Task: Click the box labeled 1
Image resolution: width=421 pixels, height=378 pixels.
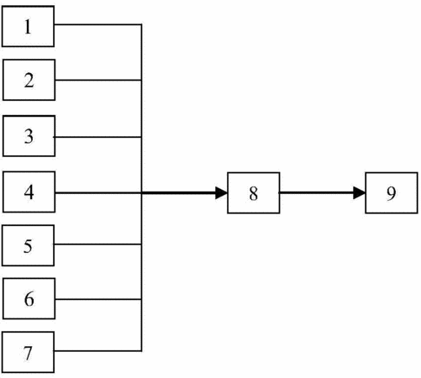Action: [28, 26]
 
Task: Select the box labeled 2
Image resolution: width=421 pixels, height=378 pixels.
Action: [29, 80]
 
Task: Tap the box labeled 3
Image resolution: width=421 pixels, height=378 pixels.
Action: [29, 136]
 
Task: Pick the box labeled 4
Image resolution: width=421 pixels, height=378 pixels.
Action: [29, 192]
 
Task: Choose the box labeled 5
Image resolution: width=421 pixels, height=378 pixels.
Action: [28, 245]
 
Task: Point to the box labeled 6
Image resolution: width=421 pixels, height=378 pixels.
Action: [29, 298]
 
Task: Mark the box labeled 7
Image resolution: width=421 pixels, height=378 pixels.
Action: [28, 352]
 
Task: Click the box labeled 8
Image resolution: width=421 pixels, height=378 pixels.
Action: [254, 193]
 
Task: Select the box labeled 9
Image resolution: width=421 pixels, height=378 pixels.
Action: [392, 193]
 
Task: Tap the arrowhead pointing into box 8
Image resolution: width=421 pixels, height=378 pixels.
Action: [221, 193]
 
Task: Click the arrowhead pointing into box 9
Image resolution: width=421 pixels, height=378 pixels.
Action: [360, 193]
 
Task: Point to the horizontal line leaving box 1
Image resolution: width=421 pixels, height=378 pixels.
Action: [97, 24]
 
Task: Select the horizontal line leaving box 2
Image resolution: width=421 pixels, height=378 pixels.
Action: [98, 80]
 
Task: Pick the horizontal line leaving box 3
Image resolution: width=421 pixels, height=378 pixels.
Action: [97, 137]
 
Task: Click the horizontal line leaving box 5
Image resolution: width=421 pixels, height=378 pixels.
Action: [97, 244]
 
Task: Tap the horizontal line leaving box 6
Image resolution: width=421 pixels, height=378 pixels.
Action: [98, 299]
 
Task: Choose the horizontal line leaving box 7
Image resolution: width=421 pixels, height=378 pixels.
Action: [97, 350]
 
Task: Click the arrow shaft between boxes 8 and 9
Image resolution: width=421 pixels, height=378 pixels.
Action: [317, 192]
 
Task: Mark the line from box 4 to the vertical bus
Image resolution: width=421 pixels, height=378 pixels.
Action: [98, 193]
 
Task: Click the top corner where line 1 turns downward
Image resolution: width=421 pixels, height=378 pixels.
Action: [141, 24]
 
